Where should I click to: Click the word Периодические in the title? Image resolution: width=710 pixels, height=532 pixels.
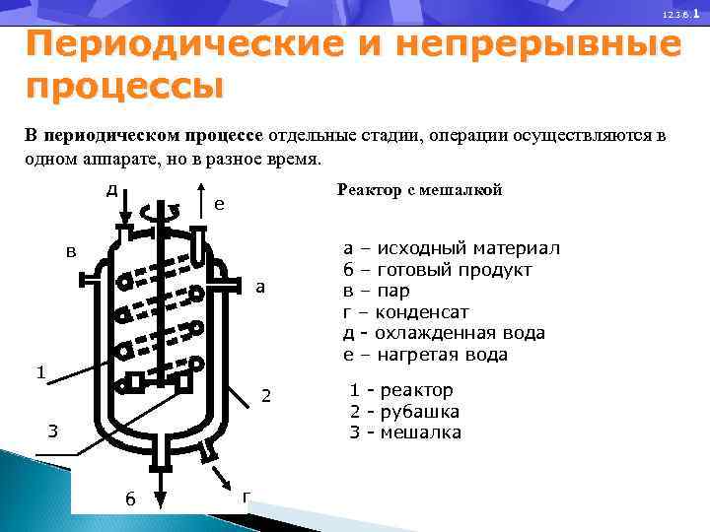178,46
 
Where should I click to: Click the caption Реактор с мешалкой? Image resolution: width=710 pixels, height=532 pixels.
420,190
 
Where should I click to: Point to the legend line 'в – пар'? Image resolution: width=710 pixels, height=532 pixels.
377,291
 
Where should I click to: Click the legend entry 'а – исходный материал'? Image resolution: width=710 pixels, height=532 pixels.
452,248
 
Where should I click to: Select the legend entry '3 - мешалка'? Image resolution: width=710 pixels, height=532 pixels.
405,432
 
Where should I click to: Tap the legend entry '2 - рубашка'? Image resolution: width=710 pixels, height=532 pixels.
404,412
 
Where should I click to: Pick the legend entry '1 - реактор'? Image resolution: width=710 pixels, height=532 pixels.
401,390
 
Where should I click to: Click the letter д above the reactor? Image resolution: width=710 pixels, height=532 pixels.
113,188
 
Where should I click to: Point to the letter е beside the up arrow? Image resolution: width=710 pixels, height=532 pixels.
219,204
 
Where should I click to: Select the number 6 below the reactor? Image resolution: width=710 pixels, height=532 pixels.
129,498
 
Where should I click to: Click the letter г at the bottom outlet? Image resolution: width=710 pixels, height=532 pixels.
246,495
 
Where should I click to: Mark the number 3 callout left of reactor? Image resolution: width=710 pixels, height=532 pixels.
54,431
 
